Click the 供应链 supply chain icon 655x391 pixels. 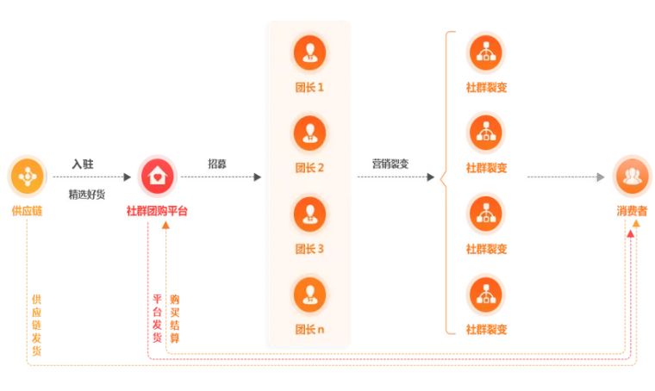tap(25, 177)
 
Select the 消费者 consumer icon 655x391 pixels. tap(632, 176)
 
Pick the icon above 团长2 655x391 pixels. tap(309, 131)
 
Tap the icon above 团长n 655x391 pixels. tap(309, 294)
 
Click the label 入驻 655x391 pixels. tap(83, 163)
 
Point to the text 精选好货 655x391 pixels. tap(87, 194)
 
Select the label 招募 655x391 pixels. tap(218, 163)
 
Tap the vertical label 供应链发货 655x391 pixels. tap(36, 325)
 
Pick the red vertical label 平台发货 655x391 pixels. tap(157, 318)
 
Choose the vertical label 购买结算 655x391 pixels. tap(175, 318)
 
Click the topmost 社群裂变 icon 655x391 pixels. tap(486, 52)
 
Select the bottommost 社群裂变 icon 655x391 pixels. tap(486, 294)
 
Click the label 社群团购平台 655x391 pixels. tap(157, 210)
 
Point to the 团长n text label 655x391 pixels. tap(309, 329)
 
